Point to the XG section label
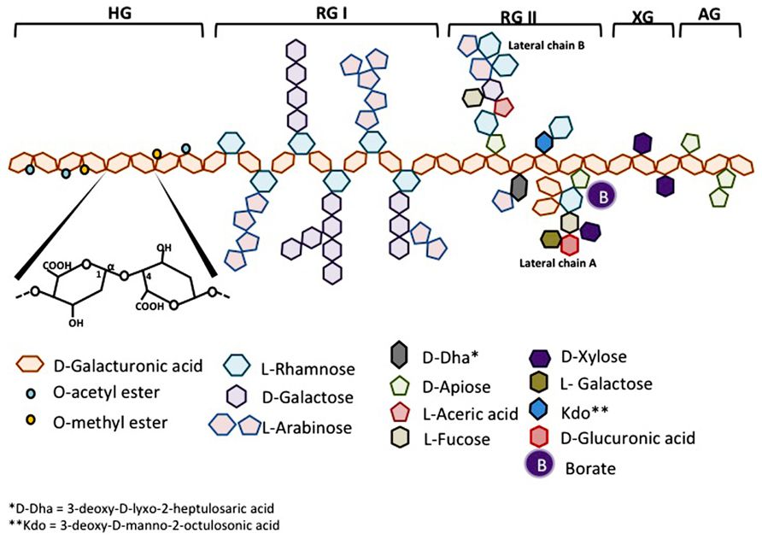pyautogui.click(x=642, y=15)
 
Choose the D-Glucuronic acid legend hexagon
pyautogui.click(x=534, y=437)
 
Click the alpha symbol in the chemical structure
pyautogui.click(x=109, y=267)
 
